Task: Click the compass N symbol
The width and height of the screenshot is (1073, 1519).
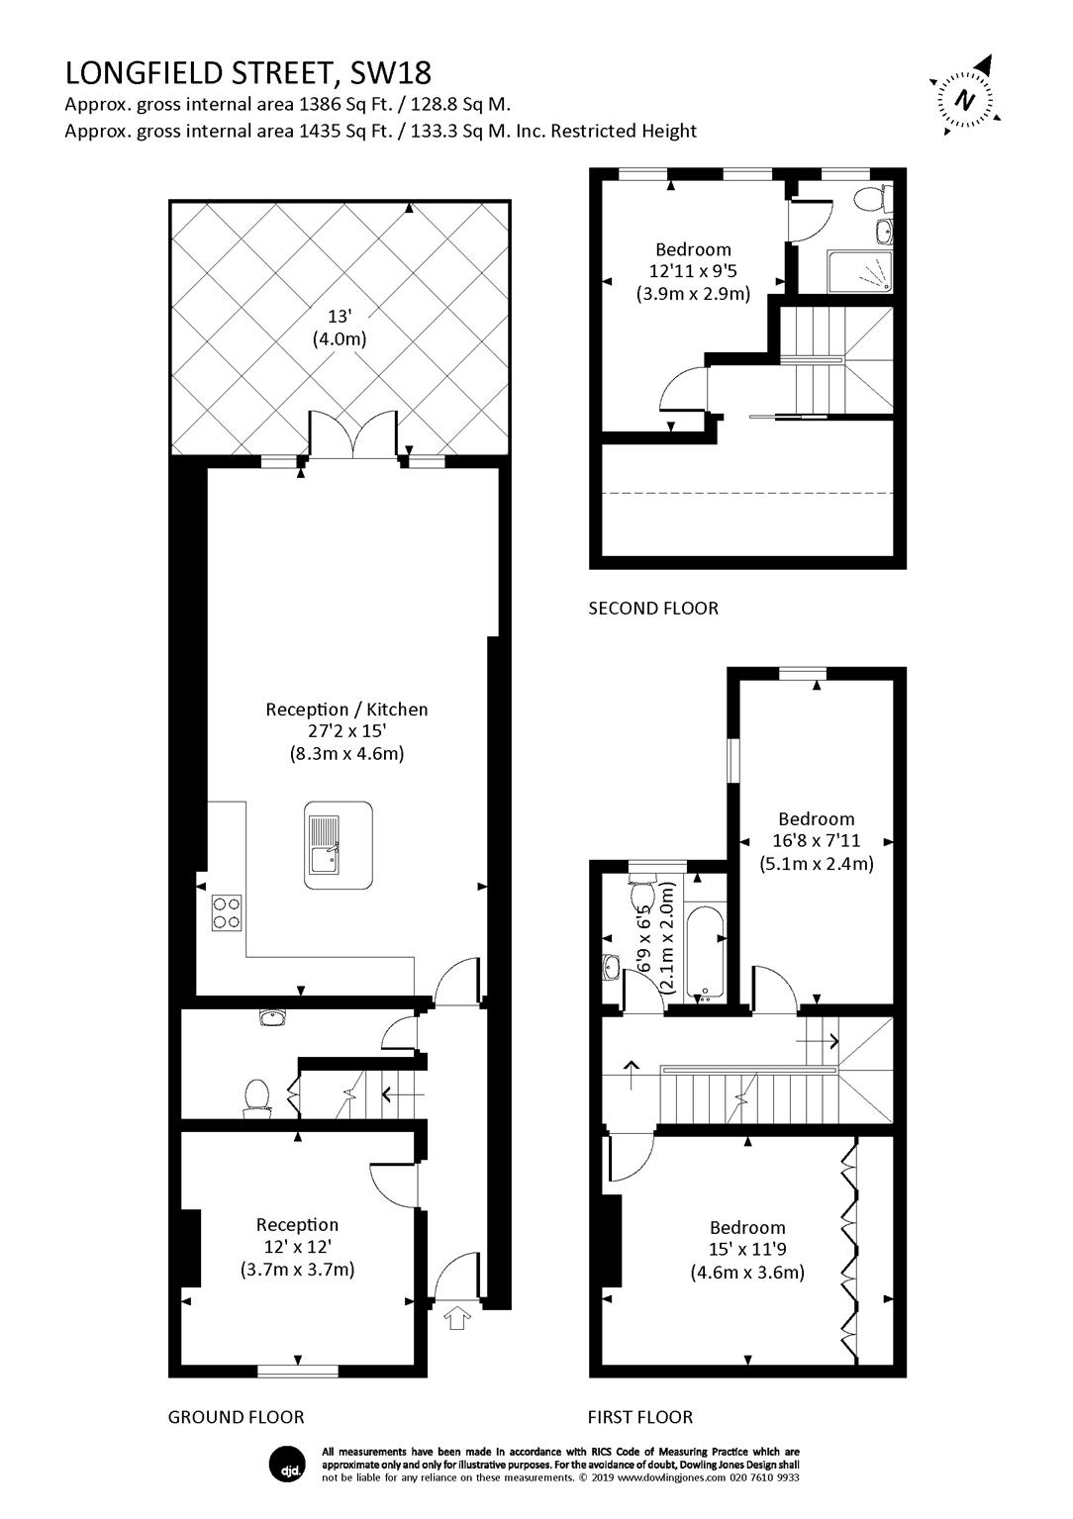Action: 964,101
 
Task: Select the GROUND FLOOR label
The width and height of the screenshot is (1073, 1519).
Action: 236,1417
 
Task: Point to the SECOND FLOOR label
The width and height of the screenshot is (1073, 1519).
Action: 653,608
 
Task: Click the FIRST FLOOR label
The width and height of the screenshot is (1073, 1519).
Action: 640,1417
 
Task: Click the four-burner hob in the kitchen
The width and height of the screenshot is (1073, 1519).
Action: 227,912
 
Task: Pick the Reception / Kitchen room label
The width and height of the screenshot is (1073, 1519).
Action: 346,710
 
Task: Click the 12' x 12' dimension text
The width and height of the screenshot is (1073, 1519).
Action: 298,1247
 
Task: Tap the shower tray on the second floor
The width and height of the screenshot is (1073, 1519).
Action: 859,271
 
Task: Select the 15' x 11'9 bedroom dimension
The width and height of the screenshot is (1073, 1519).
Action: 747,1249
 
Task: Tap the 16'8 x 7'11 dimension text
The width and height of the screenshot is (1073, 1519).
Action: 816,841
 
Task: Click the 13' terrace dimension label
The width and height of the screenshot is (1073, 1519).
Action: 340,317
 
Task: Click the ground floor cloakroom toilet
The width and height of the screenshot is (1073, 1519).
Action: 255,1097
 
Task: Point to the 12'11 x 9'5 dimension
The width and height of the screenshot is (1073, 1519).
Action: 693,271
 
